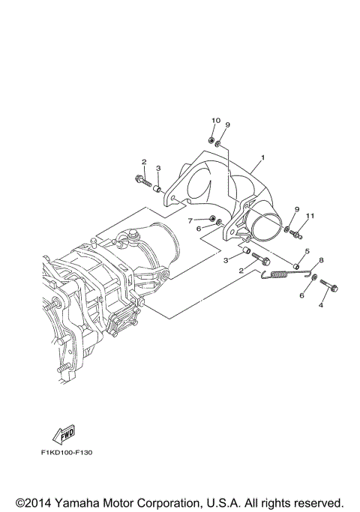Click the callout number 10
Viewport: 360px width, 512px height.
pyautogui.click(x=215, y=121)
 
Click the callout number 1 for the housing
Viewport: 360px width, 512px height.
pyautogui.click(x=263, y=159)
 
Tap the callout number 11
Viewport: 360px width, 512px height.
pyautogui.click(x=310, y=217)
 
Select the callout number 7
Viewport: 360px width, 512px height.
pyautogui.click(x=190, y=220)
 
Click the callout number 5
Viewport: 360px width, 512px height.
pyautogui.click(x=307, y=251)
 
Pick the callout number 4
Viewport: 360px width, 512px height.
pyautogui.click(x=320, y=305)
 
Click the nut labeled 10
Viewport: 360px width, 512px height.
pyautogui.click(x=212, y=140)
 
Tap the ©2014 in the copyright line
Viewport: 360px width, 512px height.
pyautogui.click(x=31, y=502)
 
